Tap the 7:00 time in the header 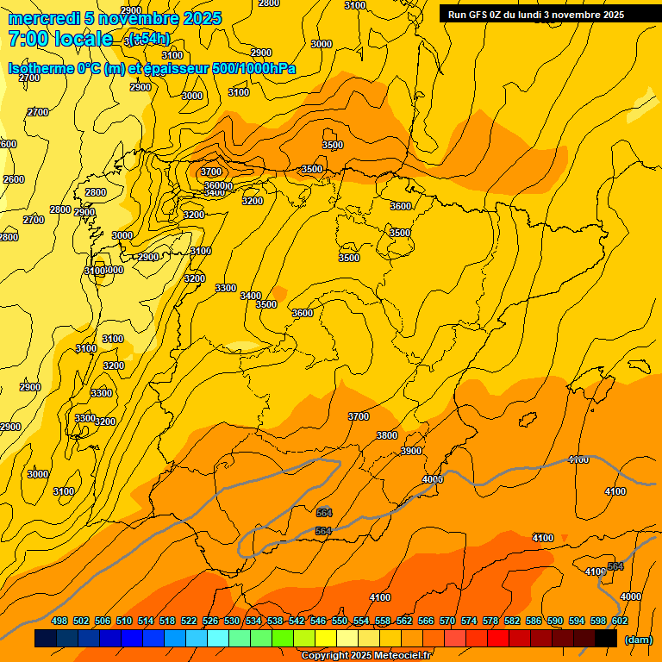pos(27,39)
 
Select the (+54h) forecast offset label pos(150,39)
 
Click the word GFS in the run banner pos(478,15)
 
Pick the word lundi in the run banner pos(534,15)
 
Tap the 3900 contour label pos(411,451)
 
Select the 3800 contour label pos(387,435)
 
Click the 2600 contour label pos(14,179)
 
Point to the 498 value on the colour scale pos(59,621)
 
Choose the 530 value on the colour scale pos(232,621)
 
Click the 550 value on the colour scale pos(340,621)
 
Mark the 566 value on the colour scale pos(426,621)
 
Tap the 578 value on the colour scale pos(490,621)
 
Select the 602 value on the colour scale pos(620,621)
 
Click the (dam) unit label pos(639,640)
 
